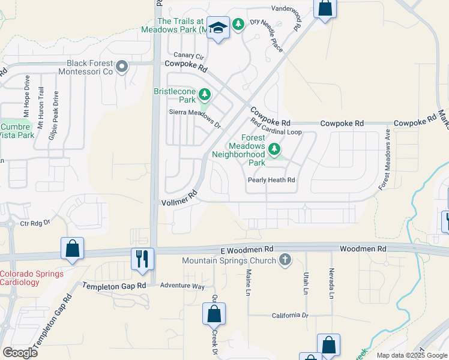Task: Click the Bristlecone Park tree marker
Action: tap(205, 94)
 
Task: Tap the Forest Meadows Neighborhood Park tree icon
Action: tap(275, 148)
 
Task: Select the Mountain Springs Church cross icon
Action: tap(285, 260)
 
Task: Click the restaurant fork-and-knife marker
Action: tap(142, 259)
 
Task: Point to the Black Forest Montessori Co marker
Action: tap(122, 67)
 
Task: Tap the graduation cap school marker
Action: tap(218, 28)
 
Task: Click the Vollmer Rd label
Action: tap(179, 199)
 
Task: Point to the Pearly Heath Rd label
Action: tap(272, 180)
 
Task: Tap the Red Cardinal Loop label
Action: tap(276, 129)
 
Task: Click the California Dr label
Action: tap(289, 316)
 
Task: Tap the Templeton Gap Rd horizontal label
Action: tap(114, 286)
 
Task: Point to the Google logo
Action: tap(20, 353)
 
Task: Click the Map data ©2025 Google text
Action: tap(412, 355)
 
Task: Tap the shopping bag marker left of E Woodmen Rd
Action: tap(72, 248)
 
